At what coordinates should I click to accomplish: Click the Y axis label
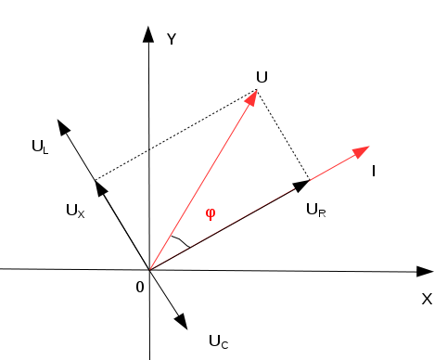tap(172, 39)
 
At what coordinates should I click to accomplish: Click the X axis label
tap(427, 300)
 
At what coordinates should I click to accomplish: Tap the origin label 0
tap(140, 288)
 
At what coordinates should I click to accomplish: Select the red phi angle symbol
tap(211, 213)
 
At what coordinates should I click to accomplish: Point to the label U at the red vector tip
tap(262, 77)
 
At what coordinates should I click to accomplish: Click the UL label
tap(40, 147)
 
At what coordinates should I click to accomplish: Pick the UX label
tap(75, 212)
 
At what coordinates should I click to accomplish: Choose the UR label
tap(316, 211)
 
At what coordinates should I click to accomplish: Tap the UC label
tap(219, 342)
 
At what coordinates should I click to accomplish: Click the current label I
tap(374, 171)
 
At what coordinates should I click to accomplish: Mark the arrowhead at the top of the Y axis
tap(148, 34)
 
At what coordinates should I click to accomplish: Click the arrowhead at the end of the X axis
tap(425, 272)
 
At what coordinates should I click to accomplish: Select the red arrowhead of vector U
tap(252, 97)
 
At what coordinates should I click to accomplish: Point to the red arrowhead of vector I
tap(361, 151)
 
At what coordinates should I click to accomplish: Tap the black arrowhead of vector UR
tap(301, 186)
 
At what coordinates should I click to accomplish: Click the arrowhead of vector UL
tap(63, 127)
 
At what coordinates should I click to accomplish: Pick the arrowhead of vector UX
tap(101, 187)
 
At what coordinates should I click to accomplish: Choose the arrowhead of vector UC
tap(182, 322)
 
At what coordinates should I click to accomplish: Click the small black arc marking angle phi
tap(181, 241)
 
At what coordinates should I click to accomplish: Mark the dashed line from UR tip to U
tap(283, 135)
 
